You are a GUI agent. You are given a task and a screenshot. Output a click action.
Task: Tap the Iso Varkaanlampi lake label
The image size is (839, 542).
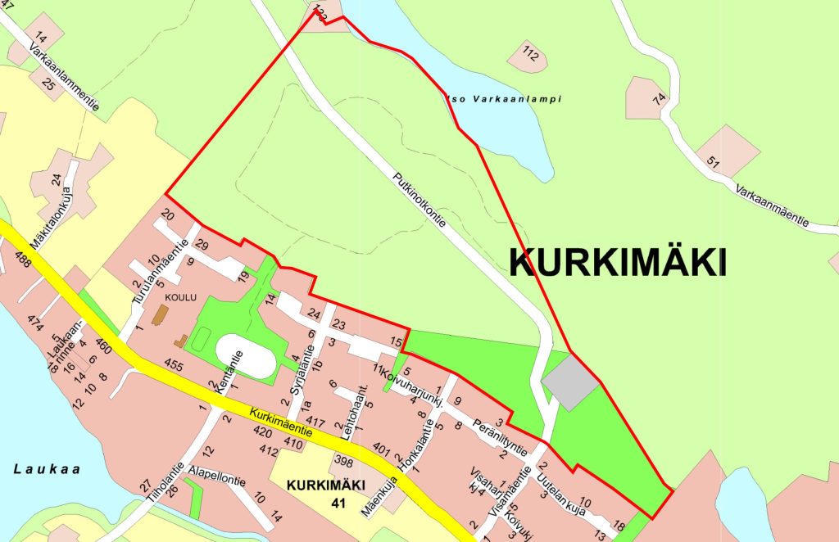(x=503, y=99)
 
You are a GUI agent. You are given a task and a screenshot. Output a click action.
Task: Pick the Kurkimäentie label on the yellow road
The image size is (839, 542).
(x=283, y=420)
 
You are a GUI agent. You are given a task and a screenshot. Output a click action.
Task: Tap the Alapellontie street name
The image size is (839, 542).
(x=216, y=477)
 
